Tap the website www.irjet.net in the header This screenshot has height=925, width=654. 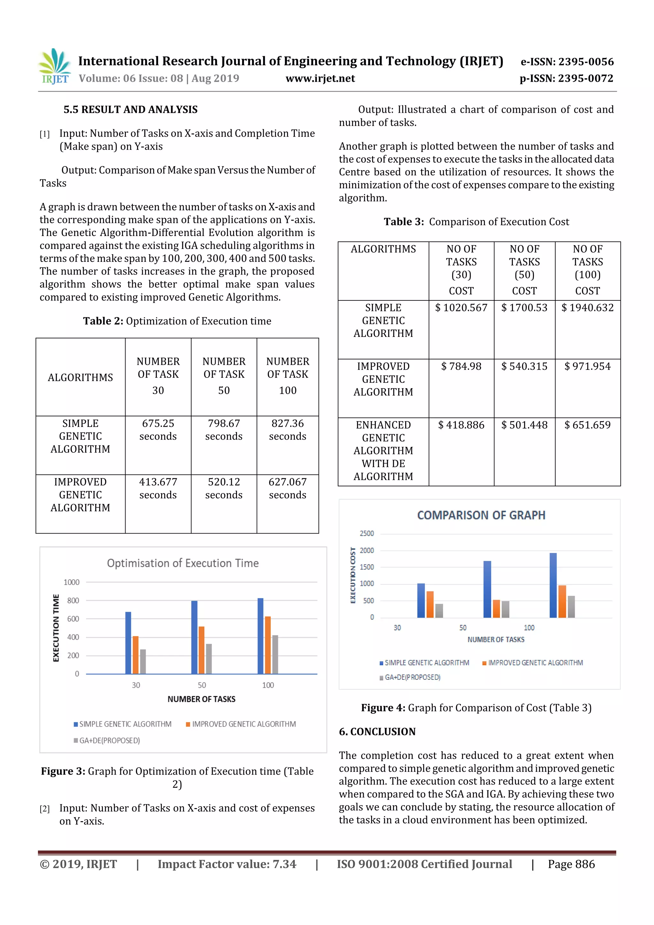point(320,78)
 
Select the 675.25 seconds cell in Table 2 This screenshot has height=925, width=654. point(158,429)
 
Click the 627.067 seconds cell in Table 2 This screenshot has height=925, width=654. point(287,488)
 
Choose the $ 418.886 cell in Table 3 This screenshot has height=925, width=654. point(461,425)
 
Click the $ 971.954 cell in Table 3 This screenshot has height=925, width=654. point(587,366)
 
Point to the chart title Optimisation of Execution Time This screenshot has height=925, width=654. point(183,563)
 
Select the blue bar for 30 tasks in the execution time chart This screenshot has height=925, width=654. point(128,643)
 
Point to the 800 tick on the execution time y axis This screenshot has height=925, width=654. point(73,600)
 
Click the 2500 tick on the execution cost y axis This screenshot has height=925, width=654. point(367,534)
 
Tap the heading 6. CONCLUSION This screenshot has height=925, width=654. point(377,732)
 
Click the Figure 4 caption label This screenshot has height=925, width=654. point(383,708)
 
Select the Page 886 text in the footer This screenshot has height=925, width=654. point(571,864)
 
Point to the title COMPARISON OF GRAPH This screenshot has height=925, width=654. point(481,515)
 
